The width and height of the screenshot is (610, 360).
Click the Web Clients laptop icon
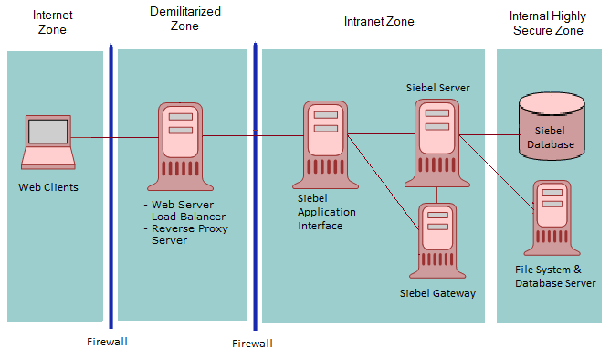[x=48, y=142]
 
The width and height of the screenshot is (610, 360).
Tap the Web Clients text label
[x=48, y=187]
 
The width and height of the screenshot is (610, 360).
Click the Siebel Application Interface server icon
[x=326, y=142]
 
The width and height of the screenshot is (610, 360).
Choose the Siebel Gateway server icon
[x=437, y=239]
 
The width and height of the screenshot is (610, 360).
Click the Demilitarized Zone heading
[x=184, y=17]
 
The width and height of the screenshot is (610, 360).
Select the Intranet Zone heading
[x=378, y=20]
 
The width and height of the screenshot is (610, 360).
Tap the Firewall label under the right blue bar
[x=252, y=344]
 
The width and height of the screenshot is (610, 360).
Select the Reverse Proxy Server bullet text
[x=189, y=234]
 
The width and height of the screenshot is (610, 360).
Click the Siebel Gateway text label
[x=438, y=293]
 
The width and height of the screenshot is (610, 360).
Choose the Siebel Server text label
[x=438, y=88]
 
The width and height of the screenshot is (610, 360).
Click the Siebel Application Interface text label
[x=326, y=211]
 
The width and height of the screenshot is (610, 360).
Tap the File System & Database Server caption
[x=554, y=276]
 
